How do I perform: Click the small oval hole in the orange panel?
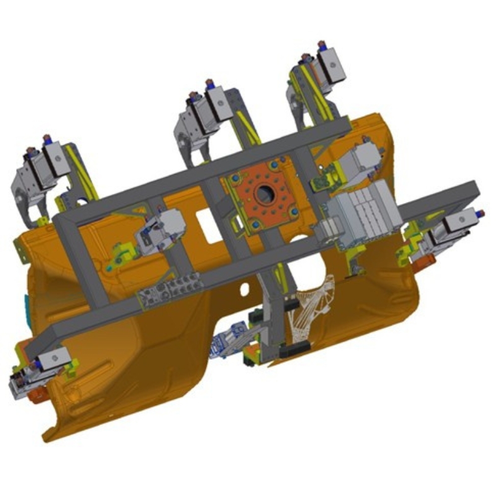245,287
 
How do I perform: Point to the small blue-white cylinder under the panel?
227,345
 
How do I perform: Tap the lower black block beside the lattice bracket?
292,350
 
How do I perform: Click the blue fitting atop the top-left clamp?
45,137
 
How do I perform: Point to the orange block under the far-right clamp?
424,263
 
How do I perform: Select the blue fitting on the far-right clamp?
480,214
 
